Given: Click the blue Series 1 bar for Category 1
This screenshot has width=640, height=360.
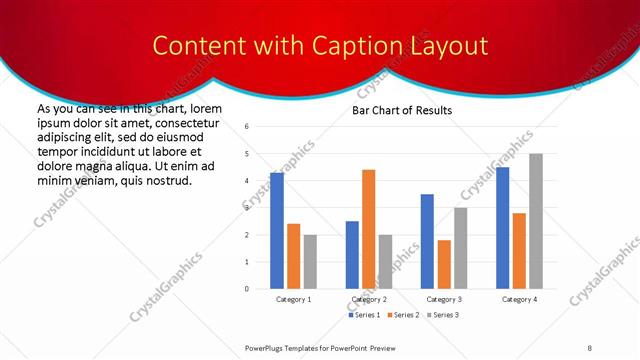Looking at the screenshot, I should coord(277,231).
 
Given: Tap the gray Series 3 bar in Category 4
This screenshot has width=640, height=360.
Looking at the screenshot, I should coord(536,221).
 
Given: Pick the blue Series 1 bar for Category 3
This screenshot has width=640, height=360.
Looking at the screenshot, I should coord(427,241).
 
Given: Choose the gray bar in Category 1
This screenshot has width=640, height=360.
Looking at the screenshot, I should coord(310,262).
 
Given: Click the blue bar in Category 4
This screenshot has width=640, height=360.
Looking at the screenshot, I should coord(503,228).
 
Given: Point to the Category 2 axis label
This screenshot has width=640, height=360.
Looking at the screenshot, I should coord(369,299).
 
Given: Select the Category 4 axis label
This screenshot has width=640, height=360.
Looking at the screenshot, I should coord(519,299).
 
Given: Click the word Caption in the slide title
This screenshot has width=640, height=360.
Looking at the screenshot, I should coord(363,46).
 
